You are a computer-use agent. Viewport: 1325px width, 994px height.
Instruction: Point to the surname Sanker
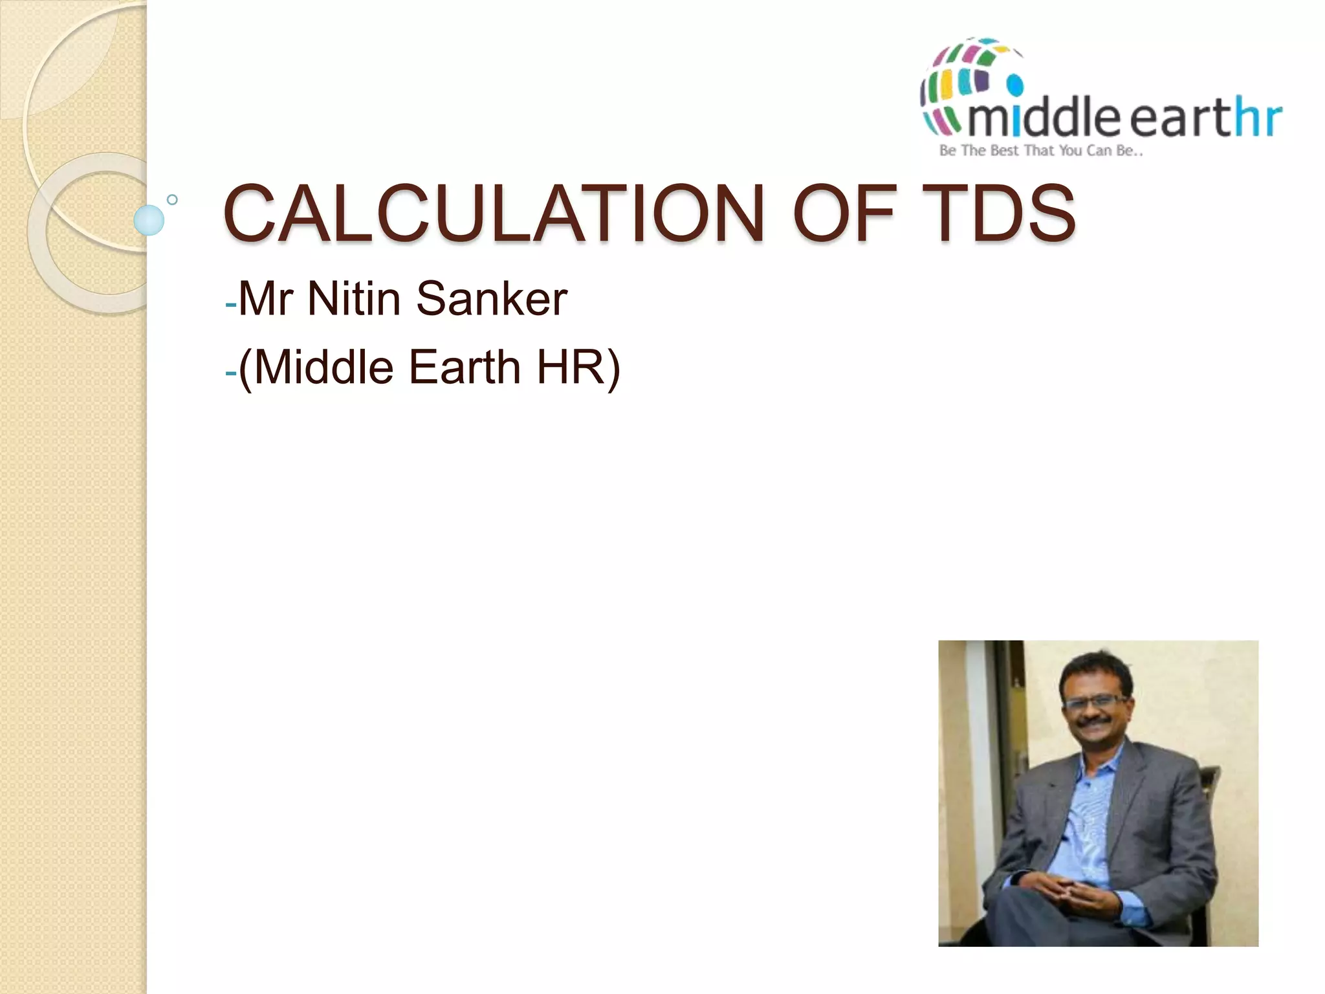coord(492,299)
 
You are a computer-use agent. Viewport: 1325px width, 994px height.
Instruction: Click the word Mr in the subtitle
coord(265,299)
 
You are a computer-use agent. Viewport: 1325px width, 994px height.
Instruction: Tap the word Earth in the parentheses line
coord(465,367)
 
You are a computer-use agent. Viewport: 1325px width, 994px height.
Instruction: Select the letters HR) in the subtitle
coord(578,367)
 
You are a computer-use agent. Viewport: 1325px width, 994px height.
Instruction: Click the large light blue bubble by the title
coord(149,220)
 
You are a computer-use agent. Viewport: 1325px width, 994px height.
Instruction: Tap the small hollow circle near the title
coord(172,199)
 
